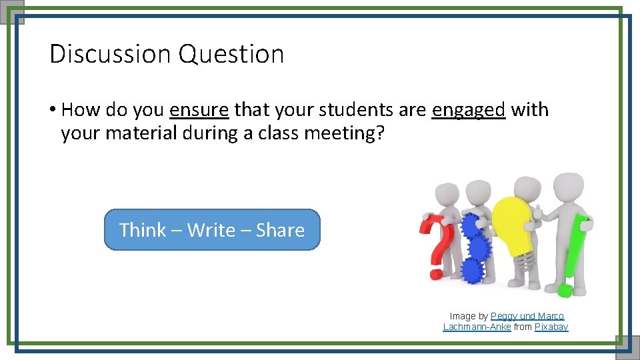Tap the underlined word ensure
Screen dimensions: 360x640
[x=199, y=109]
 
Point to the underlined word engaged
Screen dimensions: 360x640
[x=469, y=110]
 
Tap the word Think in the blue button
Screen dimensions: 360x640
[x=143, y=230]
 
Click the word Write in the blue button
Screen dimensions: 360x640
[x=211, y=230]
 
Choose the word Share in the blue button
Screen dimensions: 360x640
[x=280, y=230]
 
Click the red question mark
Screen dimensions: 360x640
[x=437, y=243]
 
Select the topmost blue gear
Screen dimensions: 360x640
[x=472, y=225]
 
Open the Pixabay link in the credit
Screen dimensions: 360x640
[x=551, y=327]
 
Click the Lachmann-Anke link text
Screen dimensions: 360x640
[x=477, y=327]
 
